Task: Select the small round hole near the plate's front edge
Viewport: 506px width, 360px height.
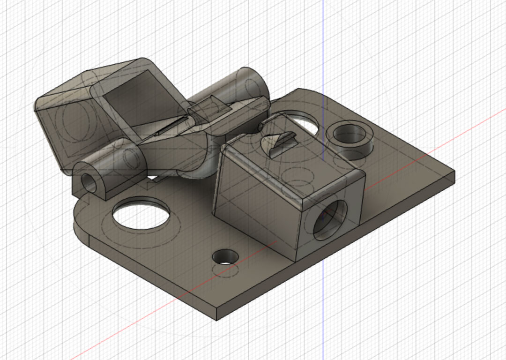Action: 225,257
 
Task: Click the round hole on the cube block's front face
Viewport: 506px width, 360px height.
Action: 329,217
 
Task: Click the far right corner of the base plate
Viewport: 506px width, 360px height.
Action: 453,173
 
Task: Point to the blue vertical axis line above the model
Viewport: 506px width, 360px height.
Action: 323,37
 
